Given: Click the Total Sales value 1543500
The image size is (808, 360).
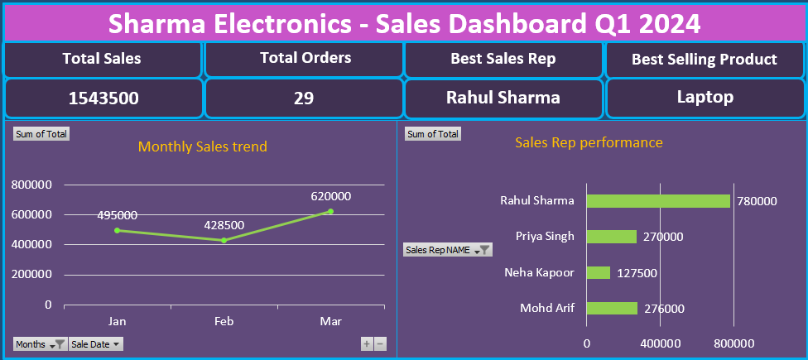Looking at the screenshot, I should [x=103, y=98].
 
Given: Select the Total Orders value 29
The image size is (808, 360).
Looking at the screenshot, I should [x=304, y=98].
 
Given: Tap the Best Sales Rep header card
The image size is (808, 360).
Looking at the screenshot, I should [x=503, y=59].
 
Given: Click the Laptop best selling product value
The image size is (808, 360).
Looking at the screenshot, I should [x=705, y=97].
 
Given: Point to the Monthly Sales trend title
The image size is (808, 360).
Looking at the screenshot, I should [x=202, y=146].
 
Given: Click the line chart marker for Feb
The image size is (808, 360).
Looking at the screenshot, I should [x=224, y=240].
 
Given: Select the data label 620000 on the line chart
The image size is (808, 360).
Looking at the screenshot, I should [x=331, y=196].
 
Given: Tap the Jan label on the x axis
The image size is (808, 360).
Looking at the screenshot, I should [x=117, y=319].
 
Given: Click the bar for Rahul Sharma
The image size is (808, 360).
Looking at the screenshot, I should [x=658, y=200].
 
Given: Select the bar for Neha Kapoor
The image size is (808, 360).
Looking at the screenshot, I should [x=598, y=272].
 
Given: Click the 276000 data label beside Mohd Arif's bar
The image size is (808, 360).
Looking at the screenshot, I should [x=663, y=309].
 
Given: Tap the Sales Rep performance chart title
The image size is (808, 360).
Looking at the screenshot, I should [x=589, y=142].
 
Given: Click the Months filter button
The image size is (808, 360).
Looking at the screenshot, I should [x=40, y=343].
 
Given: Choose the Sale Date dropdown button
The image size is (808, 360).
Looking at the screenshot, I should [x=96, y=343].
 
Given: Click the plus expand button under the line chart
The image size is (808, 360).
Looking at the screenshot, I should [x=367, y=343].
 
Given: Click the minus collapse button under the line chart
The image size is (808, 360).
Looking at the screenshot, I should [x=380, y=343].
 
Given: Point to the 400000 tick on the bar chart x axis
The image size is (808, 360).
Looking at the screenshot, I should [x=661, y=343].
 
